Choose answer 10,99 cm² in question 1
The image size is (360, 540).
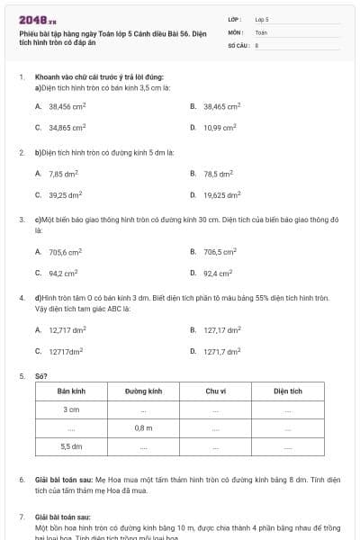220,128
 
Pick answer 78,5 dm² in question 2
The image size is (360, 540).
218,173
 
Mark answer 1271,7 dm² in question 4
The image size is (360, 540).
221,352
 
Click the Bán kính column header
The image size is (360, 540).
71,391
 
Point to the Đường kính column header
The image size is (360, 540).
143,391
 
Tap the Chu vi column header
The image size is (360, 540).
215,391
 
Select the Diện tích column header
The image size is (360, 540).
288,391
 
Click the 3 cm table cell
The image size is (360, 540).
71,409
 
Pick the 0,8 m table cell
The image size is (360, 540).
143,427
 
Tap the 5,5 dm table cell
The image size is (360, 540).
71,445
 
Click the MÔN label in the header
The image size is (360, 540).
236,31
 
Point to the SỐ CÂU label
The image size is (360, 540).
238,44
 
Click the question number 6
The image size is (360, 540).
22,481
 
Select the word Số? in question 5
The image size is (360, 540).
41,375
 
